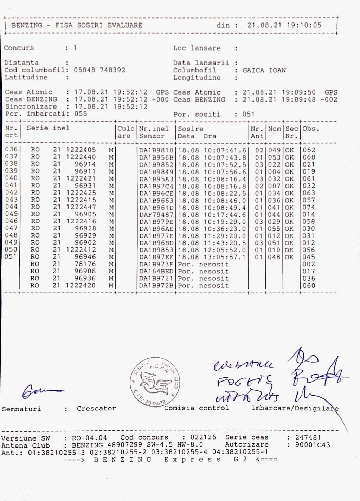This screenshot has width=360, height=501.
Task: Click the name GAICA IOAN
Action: pos(264,70)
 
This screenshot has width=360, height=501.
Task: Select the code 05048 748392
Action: pos(99,70)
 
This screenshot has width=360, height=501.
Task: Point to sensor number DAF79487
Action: pos(156,214)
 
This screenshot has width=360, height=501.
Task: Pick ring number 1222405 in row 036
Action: pos(81,150)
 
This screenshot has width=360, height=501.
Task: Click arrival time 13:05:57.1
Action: pos(225,257)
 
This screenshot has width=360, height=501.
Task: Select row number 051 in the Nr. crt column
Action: pos(11,257)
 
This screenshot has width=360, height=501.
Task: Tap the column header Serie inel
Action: pos(48,128)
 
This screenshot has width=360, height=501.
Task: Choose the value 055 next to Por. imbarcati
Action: pos(81,114)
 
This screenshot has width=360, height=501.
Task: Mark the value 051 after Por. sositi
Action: pos(248,114)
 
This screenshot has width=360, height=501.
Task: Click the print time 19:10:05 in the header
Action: pos(304,25)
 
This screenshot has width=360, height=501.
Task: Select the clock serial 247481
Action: pos(308,437)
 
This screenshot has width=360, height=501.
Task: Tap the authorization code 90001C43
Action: pos(313,445)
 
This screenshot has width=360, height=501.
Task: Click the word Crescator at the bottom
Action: pos(96,409)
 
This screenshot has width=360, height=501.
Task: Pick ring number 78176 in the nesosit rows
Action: pos(85,264)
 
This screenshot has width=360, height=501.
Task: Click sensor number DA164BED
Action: pos(156,271)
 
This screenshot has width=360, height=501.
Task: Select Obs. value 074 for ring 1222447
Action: pos(309,207)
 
